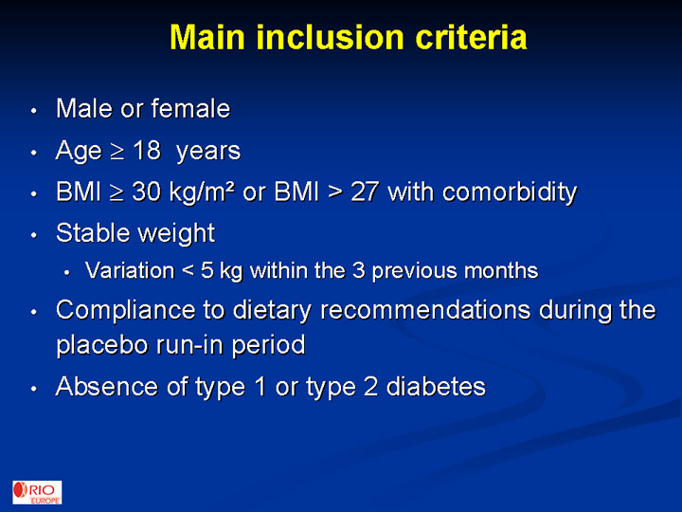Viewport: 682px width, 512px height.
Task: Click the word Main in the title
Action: click(207, 37)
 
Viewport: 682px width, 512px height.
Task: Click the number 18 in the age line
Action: click(147, 151)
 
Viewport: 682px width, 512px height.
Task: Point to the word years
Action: click(208, 152)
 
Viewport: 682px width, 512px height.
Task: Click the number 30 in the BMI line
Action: click(147, 192)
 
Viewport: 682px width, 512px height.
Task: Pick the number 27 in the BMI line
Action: click(365, 192)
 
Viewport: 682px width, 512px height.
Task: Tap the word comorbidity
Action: click(510, 192)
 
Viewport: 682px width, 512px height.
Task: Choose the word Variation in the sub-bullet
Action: click(130, 270)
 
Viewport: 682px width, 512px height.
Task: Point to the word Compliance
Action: click(126, 311)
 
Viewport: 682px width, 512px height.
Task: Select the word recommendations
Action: click(425, 310)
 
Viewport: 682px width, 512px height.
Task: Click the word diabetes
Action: click(436, 387)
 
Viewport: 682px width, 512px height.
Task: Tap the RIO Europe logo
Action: click(37, 492)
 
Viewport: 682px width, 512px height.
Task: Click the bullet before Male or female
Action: click(34, 111)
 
